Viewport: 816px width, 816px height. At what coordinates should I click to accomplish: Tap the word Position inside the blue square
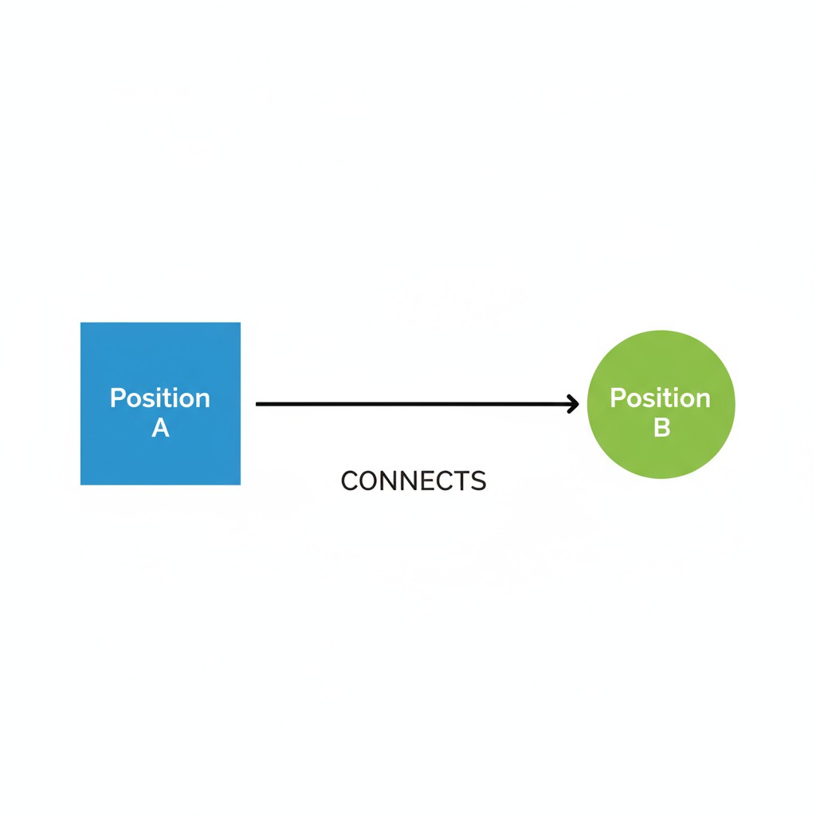160,398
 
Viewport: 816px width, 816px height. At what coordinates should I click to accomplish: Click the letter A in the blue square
160,428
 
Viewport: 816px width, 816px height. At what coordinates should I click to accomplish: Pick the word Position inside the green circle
660,398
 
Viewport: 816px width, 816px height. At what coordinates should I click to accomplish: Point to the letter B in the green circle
661,428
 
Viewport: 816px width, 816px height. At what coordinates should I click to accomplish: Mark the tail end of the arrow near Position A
258,404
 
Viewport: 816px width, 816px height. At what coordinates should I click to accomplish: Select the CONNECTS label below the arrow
413,481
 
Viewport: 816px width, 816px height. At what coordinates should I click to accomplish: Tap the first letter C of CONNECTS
349,481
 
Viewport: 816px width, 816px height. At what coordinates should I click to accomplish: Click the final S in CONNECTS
477,481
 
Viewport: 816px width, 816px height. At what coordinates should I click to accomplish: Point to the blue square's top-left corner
81,324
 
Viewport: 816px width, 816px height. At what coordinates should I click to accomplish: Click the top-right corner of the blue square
239,324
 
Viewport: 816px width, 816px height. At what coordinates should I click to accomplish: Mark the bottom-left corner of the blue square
81,484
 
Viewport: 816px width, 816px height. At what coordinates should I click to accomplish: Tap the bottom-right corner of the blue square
239,484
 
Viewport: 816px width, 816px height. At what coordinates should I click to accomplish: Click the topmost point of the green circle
661,331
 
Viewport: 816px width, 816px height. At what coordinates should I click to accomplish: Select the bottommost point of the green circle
661,478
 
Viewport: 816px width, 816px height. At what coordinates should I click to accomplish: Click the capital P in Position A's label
117,398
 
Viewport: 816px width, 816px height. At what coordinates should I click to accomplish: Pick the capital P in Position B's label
617,398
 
